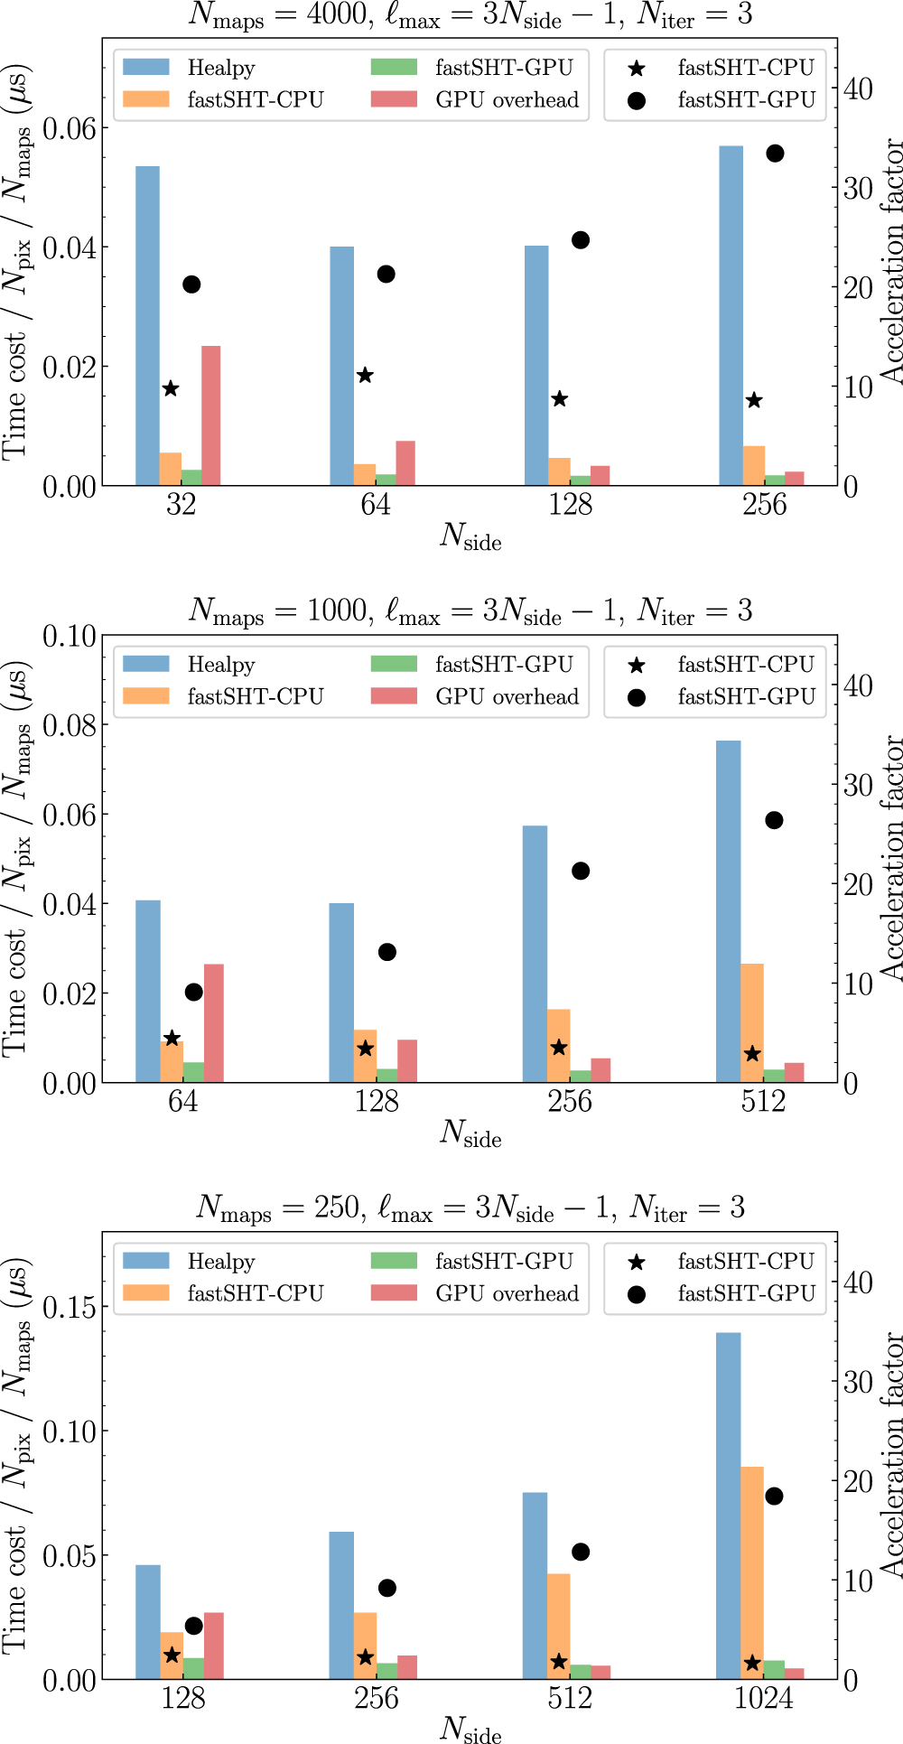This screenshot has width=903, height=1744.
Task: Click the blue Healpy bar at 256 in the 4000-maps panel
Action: [x=731, y=316]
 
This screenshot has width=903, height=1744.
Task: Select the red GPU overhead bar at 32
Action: [x=210, y=415]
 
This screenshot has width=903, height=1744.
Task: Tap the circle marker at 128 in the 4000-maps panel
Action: [x=581, y=240]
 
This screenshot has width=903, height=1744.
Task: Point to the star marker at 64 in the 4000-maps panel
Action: [x=365, y=376]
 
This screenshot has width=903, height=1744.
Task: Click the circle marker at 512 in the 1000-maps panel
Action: [x=774, y=820]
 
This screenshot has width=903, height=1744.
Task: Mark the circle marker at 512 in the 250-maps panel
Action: [x=581, y=1552]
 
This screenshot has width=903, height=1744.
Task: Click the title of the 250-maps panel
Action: [x=470, y=1208]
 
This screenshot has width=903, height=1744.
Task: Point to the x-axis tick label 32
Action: [x=181, y=505]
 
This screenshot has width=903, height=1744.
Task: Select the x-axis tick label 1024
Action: [x=763, y=1699]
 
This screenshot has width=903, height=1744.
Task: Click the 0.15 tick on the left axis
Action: [x=70, y=1307]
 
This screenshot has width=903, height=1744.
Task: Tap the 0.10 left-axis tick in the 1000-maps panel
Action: [x=70, y=636]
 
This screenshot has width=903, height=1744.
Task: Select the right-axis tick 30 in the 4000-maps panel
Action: [x=857, y=188]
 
